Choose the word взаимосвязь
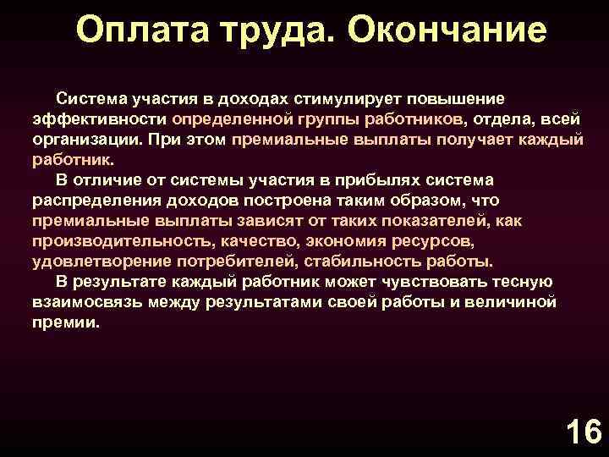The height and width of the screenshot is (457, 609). (88, 303)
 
